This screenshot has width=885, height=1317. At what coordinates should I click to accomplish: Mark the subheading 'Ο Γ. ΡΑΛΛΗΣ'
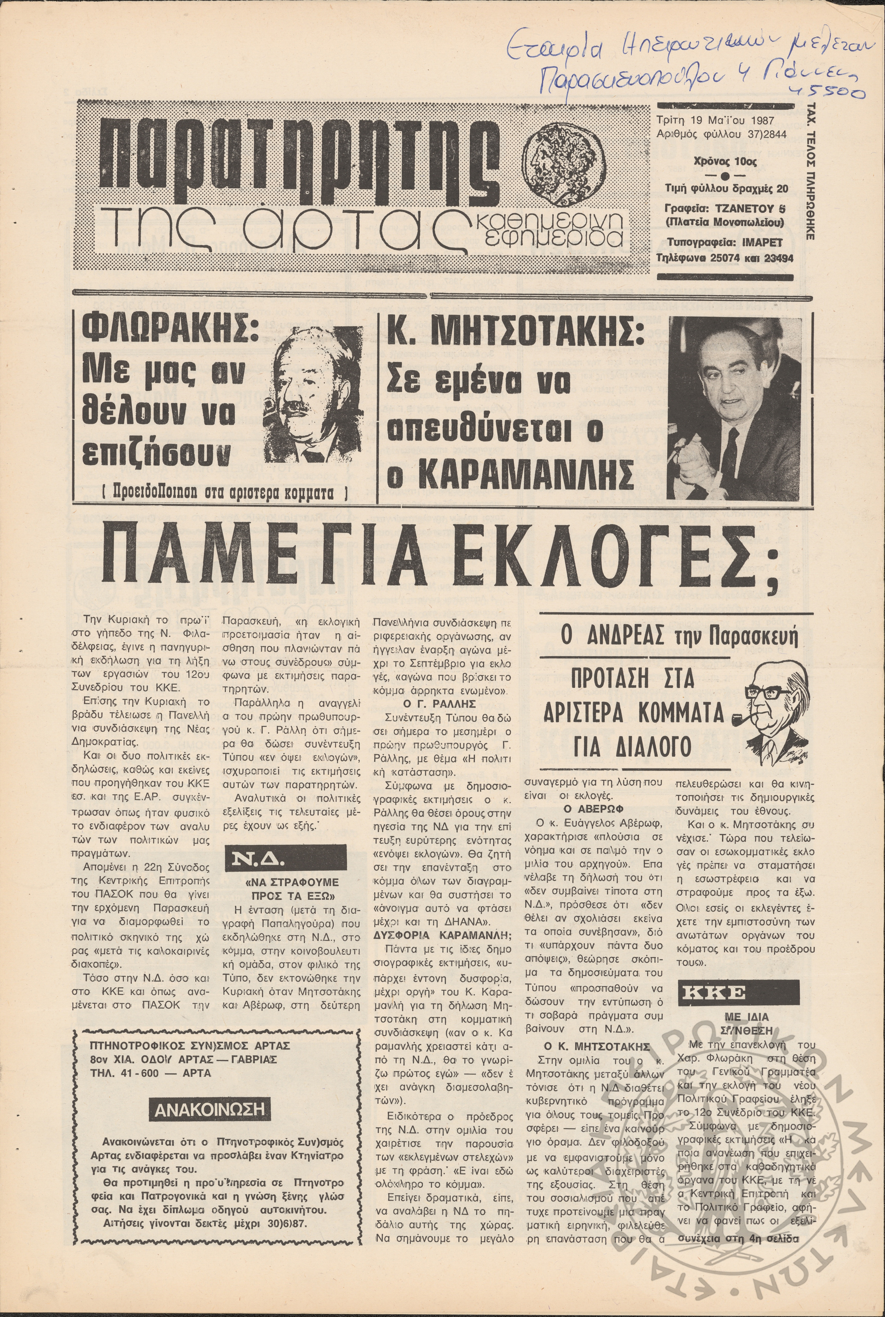coord(440,704)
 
